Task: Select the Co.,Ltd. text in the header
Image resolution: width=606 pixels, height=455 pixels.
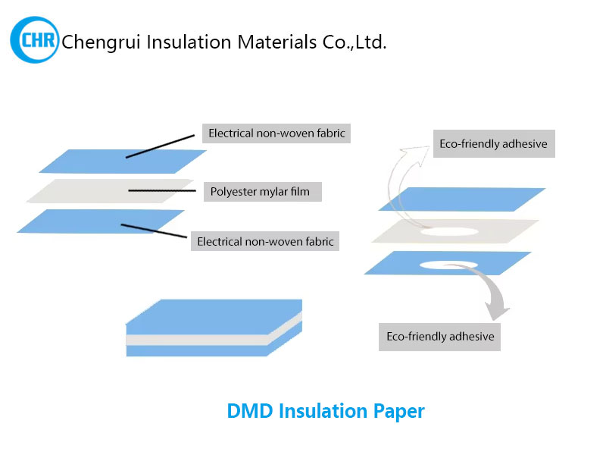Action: (x=353, y=42)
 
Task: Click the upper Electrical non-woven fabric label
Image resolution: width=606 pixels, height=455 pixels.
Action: (x=276, y=134)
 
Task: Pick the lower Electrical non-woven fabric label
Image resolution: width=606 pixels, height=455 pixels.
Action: (x=265, y=243)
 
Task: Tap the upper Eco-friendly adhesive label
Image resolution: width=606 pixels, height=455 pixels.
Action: (x=493, y=144)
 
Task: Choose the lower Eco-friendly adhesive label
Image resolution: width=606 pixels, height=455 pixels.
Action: (x=440, y=336)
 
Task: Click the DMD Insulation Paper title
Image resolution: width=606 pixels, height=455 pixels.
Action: (x=326, y=412)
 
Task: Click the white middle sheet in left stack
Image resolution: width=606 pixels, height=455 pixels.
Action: (x=110, y=191)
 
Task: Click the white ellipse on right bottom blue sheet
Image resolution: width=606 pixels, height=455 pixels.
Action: (x=448, y=264)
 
